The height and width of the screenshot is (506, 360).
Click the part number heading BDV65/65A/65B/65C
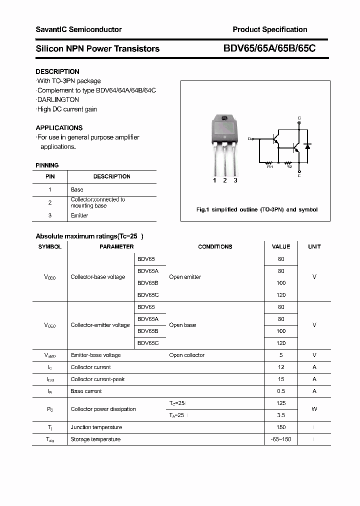[269, 48]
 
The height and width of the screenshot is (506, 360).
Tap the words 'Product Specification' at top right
[270, 29]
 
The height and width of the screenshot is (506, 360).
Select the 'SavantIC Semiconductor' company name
[78, 29]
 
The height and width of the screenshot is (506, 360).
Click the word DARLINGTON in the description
[58, 99]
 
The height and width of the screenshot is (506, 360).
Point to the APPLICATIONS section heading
[59, 127]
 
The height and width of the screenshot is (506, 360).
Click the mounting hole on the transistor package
[224, 118]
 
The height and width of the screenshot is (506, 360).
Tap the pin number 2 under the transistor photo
[225, 180]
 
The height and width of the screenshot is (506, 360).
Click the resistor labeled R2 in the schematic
[288, 162]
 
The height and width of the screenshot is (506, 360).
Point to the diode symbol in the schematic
[308, 146]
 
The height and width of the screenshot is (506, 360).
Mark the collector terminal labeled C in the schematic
[299, 118]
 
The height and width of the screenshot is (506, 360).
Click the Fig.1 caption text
[256, 209]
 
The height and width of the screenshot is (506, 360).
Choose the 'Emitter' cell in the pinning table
[79, 215]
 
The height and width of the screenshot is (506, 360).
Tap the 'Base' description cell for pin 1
[77, 189]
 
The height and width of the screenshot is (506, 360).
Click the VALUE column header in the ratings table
[280, 246]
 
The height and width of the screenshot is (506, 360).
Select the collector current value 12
[281, 367]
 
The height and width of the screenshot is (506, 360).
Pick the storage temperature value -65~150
[281, 439]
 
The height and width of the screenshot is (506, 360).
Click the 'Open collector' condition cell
[186, 355]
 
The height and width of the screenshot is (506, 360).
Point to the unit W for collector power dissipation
[314, 409]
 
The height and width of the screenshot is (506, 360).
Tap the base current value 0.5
[281, 391]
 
